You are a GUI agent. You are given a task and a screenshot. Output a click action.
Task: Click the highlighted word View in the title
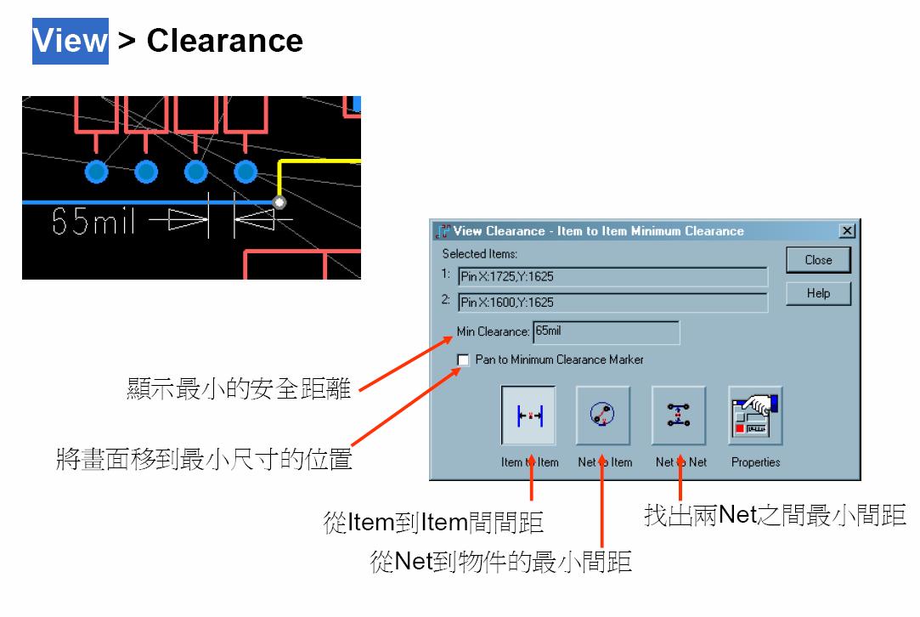point(71,41)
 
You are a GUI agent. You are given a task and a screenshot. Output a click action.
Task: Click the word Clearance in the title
point(224,41)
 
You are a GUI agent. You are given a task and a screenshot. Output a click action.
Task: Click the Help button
point(818,293)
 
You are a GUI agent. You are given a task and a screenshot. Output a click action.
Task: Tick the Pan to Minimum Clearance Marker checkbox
point(463,360)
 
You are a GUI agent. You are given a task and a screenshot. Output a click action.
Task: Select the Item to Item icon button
point(528,416)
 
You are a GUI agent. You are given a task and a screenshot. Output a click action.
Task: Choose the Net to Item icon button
point(603,416)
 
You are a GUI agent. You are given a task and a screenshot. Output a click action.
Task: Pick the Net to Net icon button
point(679,416)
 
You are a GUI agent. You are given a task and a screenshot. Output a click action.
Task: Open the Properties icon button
point(755,416)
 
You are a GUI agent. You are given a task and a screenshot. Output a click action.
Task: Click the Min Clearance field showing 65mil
point(606,331)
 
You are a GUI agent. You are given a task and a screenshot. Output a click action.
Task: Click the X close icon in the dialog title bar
point(846,231)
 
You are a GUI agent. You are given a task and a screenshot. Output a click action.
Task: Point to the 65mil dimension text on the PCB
point(94,223)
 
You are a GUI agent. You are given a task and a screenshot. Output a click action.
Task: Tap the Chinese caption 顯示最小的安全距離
point(239,390)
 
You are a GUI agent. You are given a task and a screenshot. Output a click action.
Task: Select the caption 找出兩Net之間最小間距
point(775,515)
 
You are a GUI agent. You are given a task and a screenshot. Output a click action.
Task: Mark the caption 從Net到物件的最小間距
point(501,562)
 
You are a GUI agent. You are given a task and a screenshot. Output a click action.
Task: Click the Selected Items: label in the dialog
point(480,254)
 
